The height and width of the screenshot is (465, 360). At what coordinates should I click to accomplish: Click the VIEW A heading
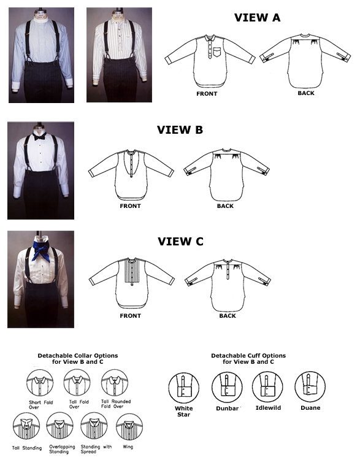[257, 18]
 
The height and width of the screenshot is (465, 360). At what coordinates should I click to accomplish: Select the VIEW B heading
[180, 129]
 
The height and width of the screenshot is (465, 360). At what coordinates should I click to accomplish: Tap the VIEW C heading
[180, 242]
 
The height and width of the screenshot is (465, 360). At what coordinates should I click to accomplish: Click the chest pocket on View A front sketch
[217, 52]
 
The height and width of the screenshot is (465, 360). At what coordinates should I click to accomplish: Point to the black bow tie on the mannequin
[39, 136]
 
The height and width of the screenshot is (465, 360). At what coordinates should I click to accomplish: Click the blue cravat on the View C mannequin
[42, 250]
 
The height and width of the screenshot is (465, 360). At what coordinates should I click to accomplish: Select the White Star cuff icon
[183, 388]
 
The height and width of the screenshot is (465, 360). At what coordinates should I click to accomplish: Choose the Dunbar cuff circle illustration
[227, 387]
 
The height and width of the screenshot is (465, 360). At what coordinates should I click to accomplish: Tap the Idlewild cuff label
[268, 408]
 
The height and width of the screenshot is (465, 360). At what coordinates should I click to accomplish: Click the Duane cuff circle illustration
[310, 387]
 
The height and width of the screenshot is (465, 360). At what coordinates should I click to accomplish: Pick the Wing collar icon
[129, 426]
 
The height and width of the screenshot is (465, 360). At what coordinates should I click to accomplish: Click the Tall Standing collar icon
[26, 426]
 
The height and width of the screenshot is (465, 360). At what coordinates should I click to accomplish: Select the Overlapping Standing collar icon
[60, 426]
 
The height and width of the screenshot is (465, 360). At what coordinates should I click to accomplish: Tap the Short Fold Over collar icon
[40, 383]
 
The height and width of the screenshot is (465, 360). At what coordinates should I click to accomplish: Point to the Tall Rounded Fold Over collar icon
[115, 382]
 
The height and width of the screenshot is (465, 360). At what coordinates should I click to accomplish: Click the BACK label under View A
[306, 93]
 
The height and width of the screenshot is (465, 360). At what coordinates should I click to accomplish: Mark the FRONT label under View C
[130, 316]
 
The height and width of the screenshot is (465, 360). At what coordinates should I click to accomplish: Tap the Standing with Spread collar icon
[94, 426]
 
